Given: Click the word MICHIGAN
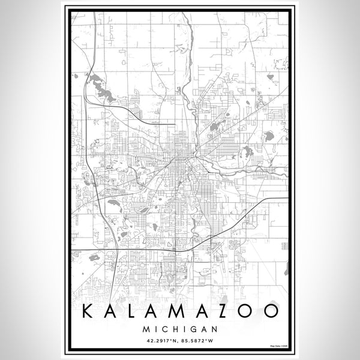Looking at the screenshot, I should click(x=180, y=329).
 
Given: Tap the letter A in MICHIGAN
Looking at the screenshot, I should click(x=203, y=329).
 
